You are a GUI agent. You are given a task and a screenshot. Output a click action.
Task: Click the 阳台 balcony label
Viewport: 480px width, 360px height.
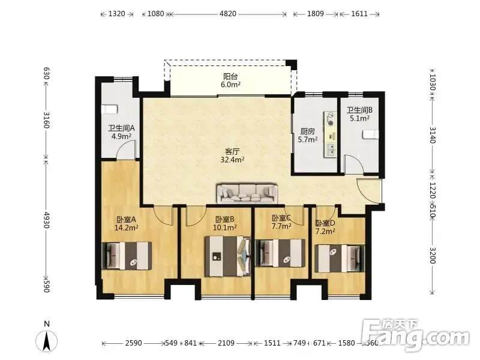[230, 76]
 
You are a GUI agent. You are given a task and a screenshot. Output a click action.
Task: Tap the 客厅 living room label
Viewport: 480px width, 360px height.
[232, 152]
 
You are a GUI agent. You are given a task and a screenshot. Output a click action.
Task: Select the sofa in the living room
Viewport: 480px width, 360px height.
[247, 193]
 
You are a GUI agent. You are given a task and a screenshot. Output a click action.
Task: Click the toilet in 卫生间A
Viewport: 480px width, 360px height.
[109, 109]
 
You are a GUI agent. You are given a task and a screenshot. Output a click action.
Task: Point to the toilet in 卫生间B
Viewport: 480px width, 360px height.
[370, 134]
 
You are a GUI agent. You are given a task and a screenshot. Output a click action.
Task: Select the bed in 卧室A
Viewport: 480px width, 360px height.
[127, 256]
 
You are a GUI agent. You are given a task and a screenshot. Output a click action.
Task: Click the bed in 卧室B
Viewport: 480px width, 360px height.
[228, 256]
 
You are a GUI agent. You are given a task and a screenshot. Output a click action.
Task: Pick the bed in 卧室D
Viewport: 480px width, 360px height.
[340, 259]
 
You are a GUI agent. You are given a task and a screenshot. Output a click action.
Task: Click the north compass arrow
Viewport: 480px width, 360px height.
[47, 341]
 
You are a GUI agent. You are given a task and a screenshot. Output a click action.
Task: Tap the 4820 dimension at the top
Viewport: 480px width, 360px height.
[228, 14]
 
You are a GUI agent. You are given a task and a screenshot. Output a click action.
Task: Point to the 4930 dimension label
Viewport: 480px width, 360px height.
[46, 220]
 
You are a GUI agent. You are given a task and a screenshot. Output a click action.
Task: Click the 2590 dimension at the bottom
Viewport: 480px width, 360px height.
[133, 343]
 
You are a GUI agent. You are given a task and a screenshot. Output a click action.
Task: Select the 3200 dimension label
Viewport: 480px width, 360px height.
[432, 255]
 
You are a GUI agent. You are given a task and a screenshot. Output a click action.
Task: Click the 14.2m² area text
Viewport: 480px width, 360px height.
[127, 227]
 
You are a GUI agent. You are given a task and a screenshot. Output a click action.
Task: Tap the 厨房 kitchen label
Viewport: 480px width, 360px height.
[307, 131]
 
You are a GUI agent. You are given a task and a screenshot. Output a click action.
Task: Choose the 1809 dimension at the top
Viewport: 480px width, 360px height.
[316, 14]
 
